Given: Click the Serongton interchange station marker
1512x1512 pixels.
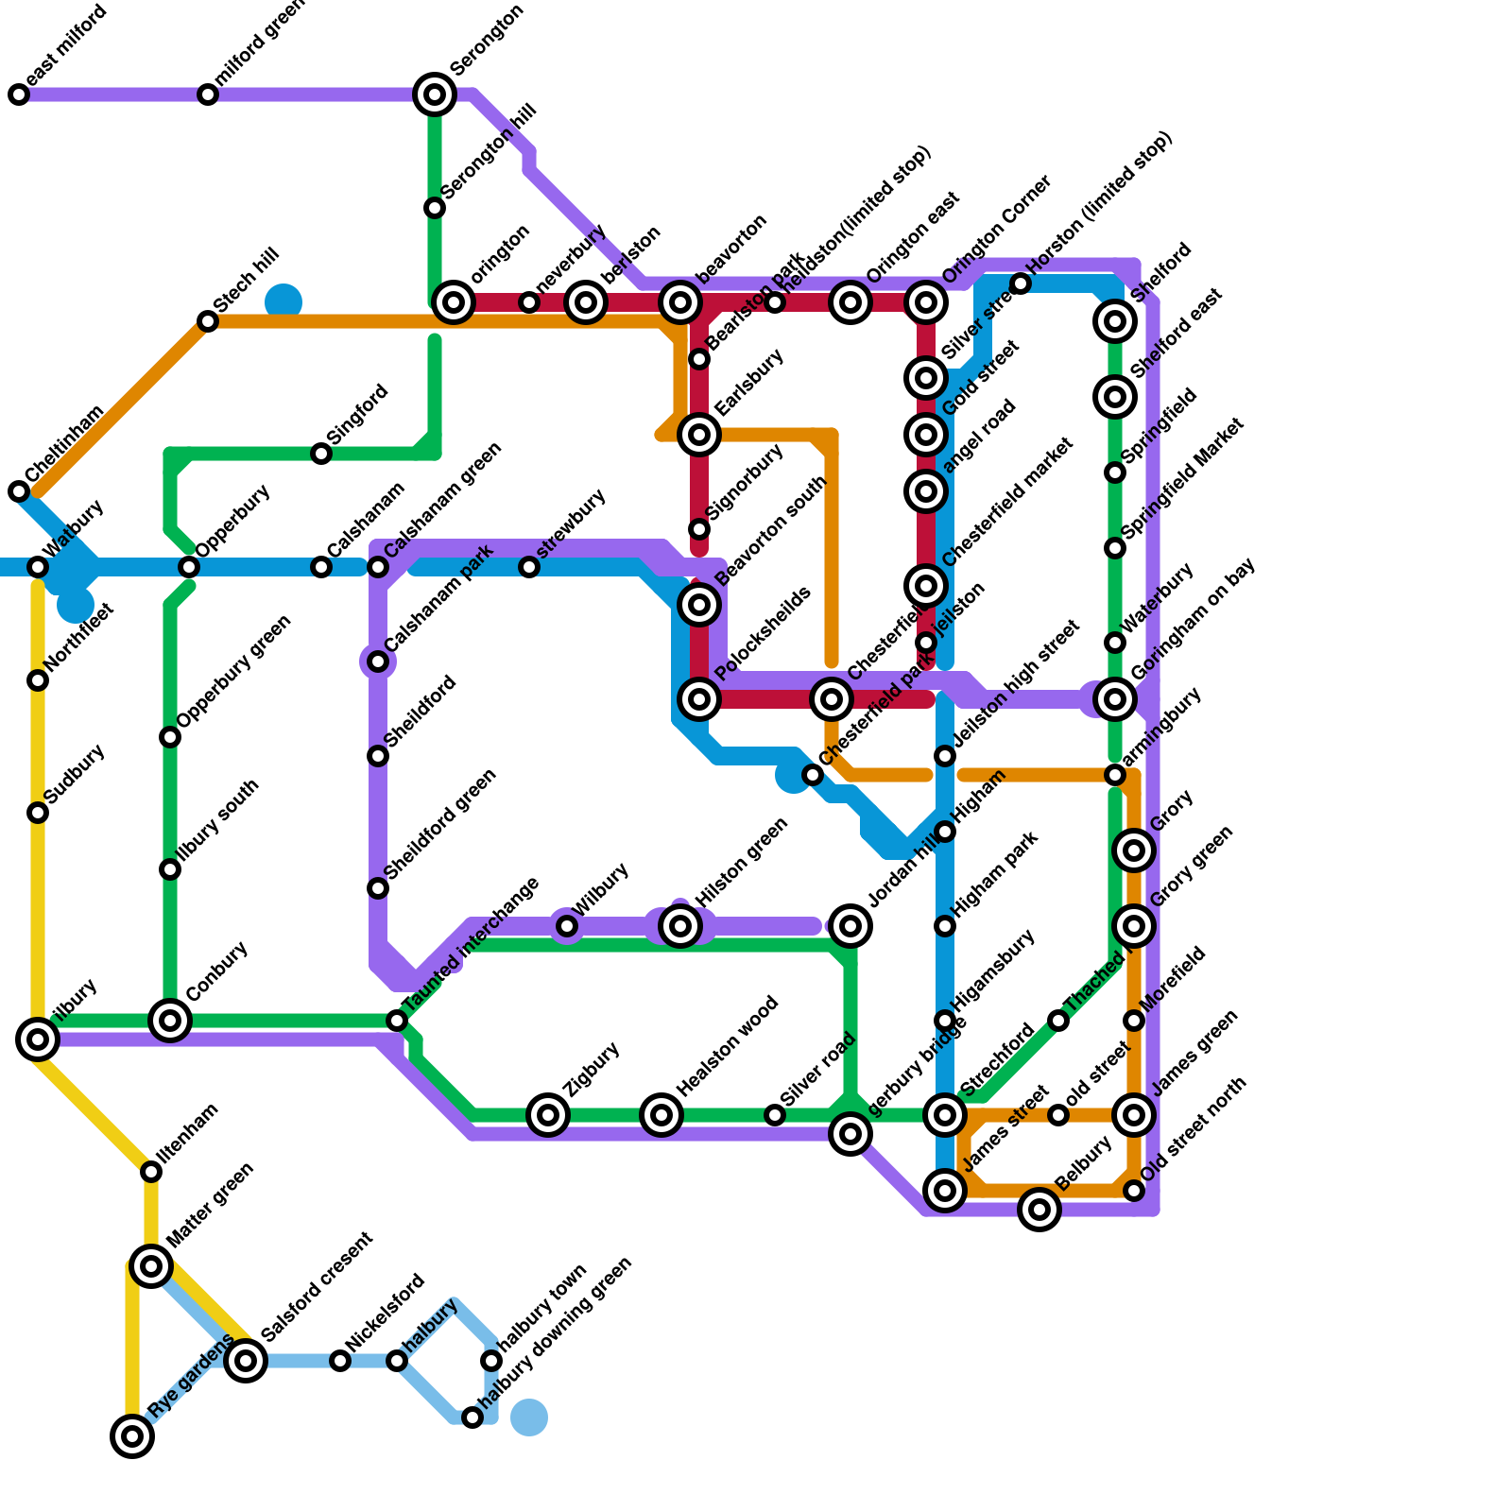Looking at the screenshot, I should tap(435, 94).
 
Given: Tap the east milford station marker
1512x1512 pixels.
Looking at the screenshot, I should tap(19, 94).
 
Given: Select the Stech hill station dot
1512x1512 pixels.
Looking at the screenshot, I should tap(208, 321).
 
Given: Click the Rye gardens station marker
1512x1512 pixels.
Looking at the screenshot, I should tap(132, 1436).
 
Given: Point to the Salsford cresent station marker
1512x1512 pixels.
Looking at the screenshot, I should tap(246, 1361).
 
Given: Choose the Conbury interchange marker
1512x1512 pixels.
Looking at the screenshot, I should tap(170, 1021).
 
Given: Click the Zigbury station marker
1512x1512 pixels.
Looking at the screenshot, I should tap(548, 1115).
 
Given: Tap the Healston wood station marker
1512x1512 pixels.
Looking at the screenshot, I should tap(661, 1115).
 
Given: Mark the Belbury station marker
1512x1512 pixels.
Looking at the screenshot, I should tap(1039, 1210).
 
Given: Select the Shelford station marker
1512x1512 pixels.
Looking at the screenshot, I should tap(1115, 321).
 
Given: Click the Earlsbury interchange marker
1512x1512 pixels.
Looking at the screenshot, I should tap(699, 435).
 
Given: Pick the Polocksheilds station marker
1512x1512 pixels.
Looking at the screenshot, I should tap(699, 699).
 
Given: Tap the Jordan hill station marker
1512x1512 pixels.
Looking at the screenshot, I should tap(850, 926).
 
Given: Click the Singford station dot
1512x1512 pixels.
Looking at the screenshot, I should tap(321, 454).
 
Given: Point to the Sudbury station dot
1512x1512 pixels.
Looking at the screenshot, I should tap(38, 813).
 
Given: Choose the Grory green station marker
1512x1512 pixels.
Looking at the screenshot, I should tap(1134, 926).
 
